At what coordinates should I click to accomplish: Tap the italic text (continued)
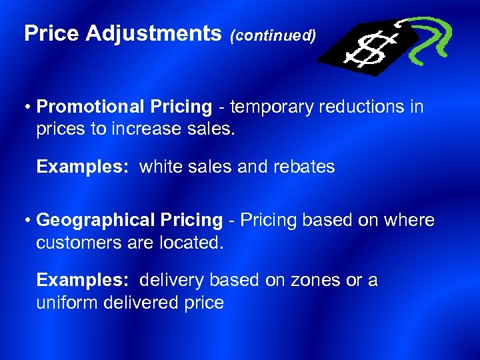(x=273, y=36)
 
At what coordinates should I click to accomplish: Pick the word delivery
(x=171, y=280)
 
